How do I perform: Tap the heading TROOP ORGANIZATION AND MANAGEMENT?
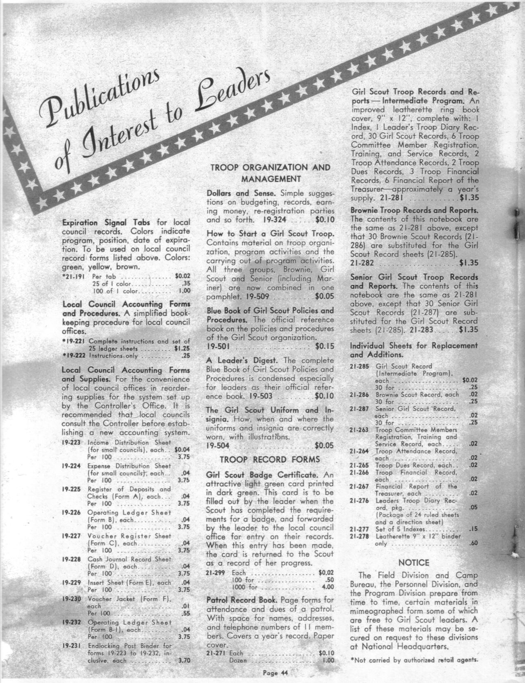[270, 173]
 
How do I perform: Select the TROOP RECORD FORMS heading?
[269, 459]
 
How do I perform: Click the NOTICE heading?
[413, 562]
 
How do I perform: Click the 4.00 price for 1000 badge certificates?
[327, 587]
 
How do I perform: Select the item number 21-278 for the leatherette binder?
[359, 536]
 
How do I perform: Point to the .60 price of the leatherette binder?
[474, 543]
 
